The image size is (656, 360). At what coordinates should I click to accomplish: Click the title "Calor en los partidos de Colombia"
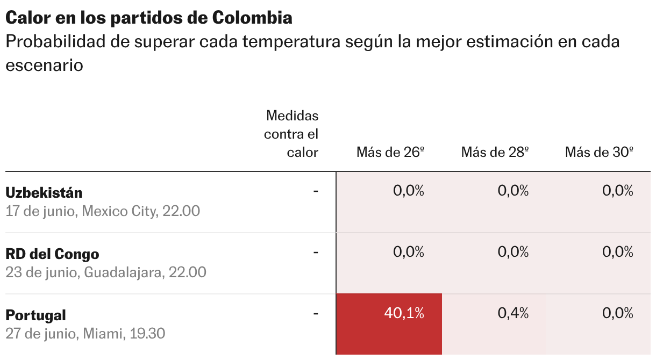tap(149, 18)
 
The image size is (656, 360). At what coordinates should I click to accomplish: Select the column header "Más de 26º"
tap(390, 152)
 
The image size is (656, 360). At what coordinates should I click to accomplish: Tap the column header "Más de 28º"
tap(495, 152)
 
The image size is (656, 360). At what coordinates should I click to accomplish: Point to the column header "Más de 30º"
tap(599, 152)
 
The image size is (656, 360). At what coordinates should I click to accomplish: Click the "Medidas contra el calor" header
tap(291, 134)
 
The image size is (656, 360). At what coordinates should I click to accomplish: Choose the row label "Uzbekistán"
tap(44, 193)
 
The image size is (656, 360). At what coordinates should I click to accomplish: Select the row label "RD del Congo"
tap(52, 254)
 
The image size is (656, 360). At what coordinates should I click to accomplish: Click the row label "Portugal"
tap(35, 315)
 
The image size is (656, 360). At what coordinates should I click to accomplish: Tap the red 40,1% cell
tap(389, 324)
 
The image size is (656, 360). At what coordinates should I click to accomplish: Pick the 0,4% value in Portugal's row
tap(513, 313)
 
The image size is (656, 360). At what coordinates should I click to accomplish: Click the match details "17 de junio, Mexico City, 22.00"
tap(103, 211)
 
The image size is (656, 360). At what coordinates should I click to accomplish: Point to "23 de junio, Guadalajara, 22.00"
tap(106, 272)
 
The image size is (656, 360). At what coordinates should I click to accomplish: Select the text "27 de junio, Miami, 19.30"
tap(85, 334)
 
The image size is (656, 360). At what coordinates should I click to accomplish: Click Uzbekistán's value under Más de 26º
tap(409, 191)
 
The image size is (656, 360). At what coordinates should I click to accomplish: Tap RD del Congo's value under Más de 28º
tap(513, 252)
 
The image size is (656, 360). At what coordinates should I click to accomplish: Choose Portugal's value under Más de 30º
tap(618, 313)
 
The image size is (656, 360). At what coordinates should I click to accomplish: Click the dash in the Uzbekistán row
tap(316, 191)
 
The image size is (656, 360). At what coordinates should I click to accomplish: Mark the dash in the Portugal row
tap(316, 314)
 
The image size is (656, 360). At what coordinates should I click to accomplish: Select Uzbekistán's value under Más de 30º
tap(618, 191)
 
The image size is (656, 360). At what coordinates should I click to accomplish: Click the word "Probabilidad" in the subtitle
tap(55, 41)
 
